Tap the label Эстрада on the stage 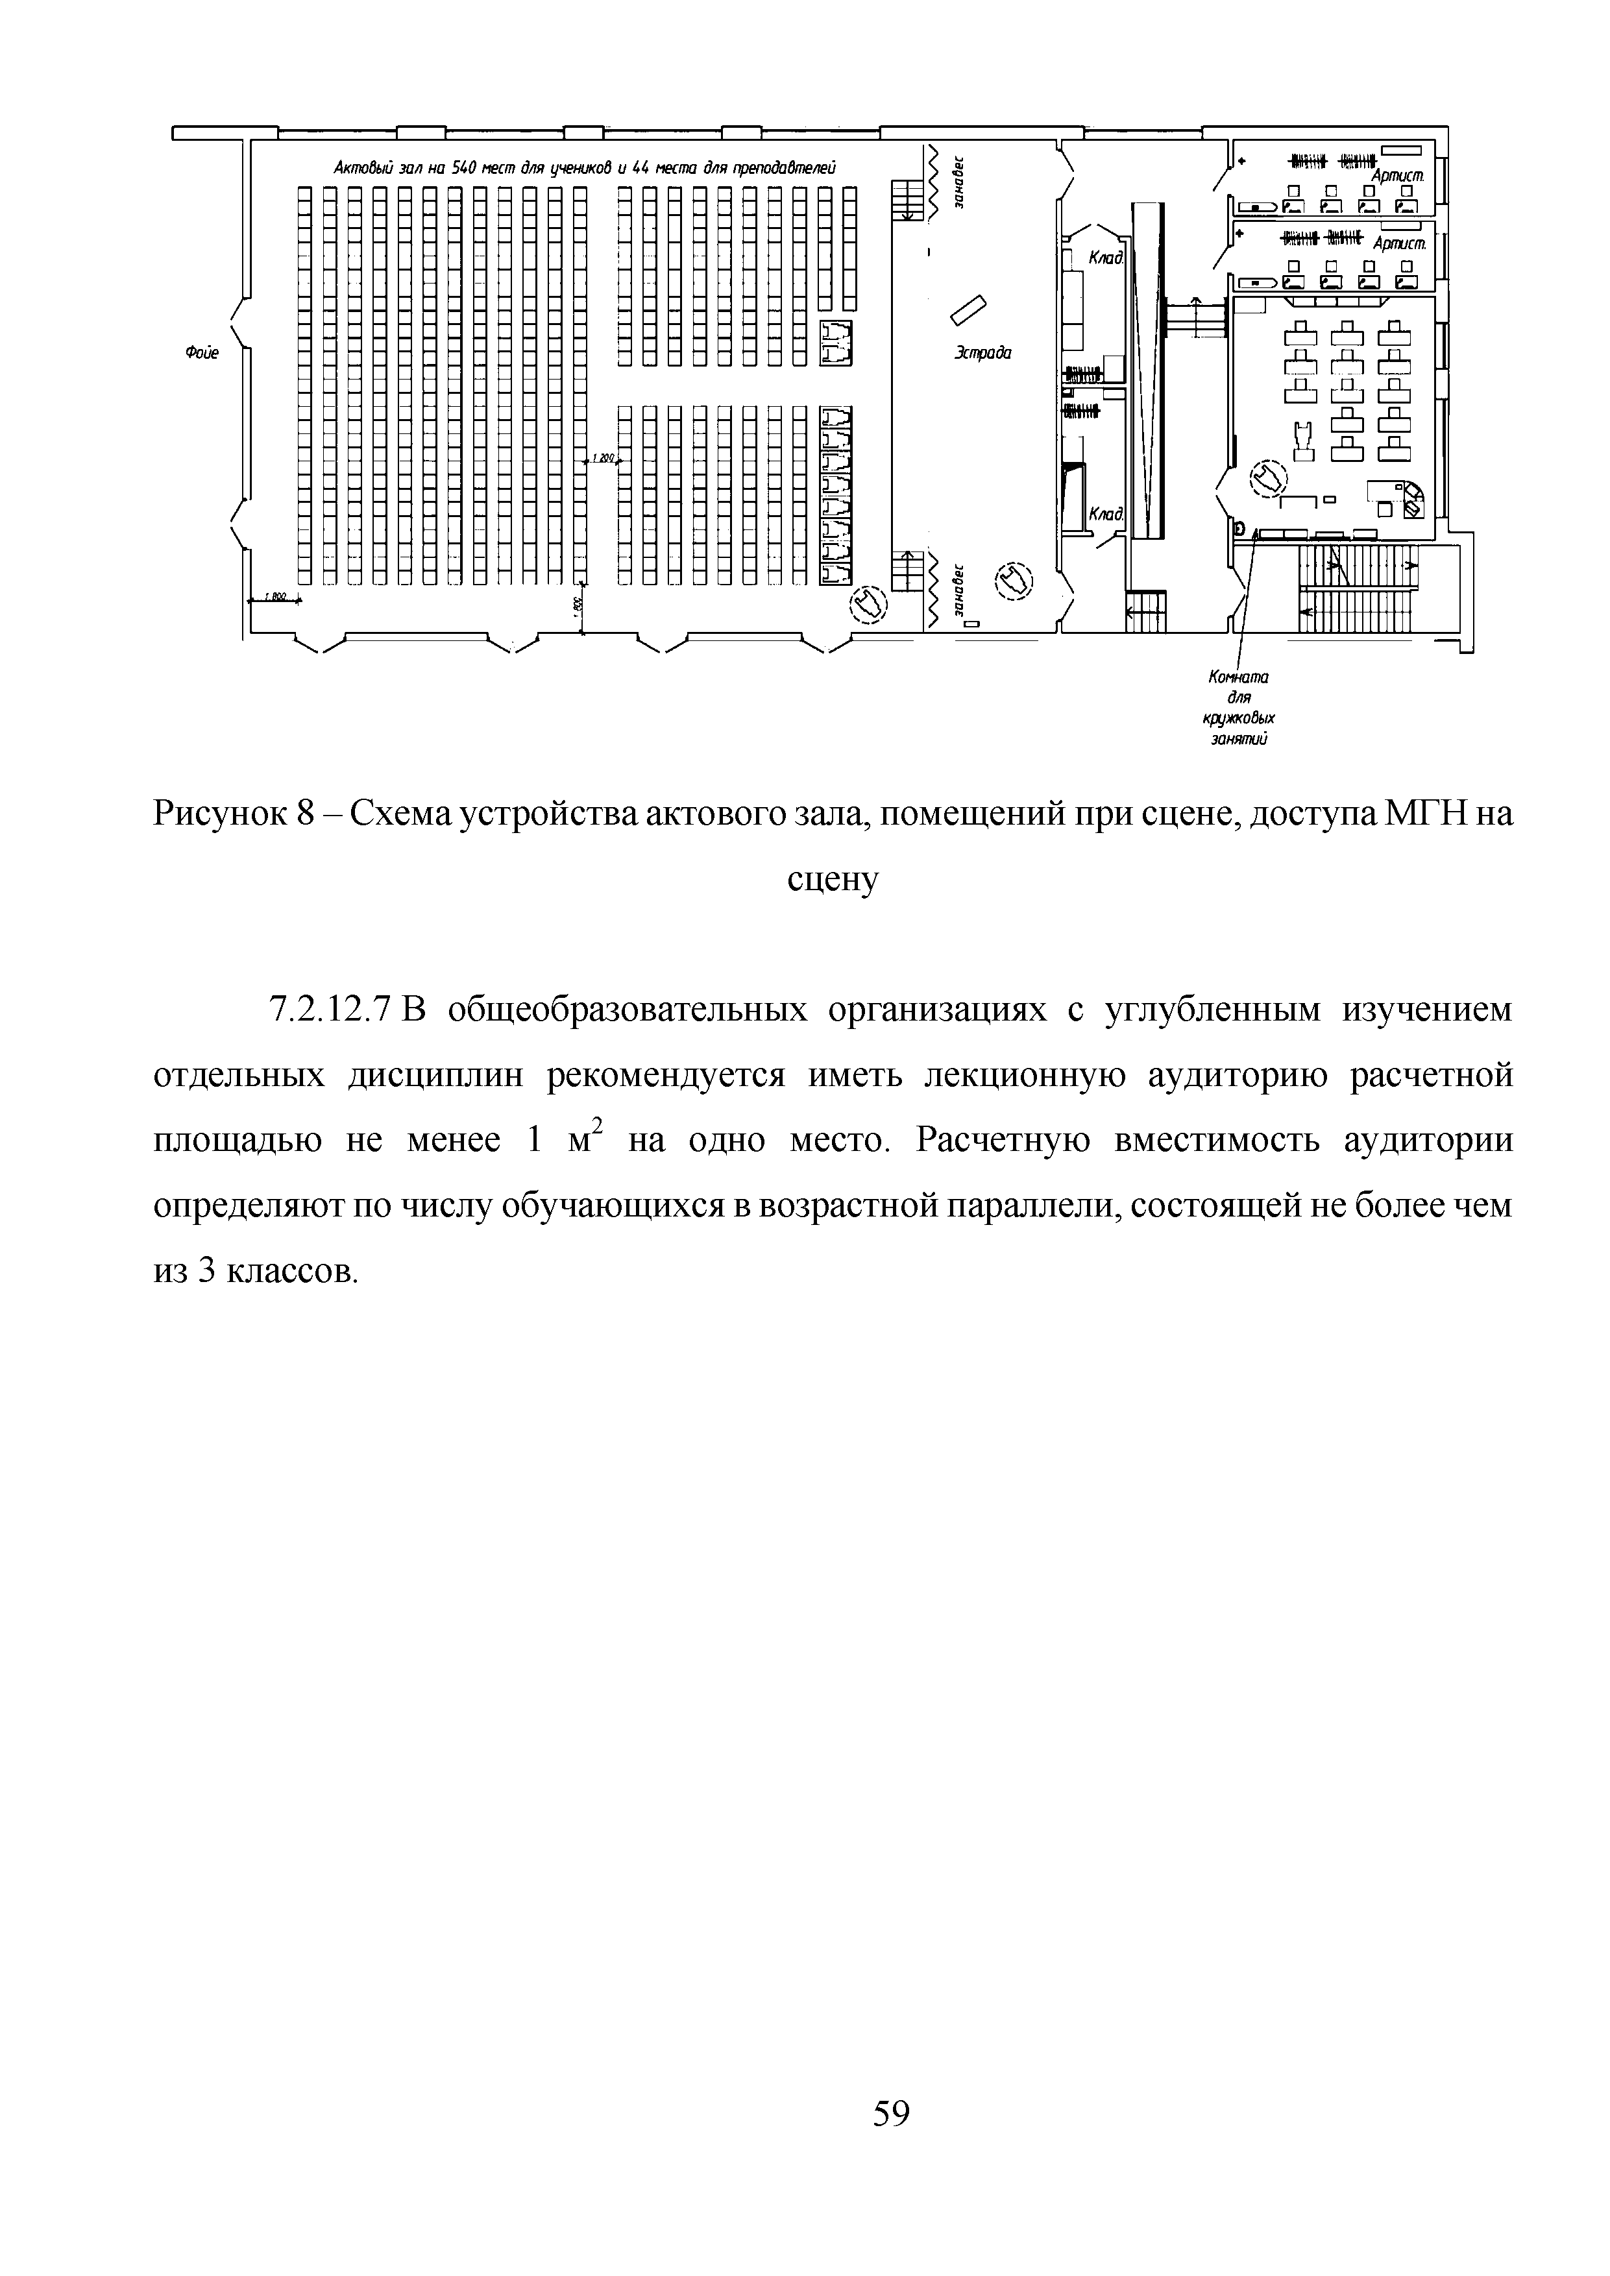click(x=982, y=352)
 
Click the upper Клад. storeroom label click(x=1105, y=258)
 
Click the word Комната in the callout click(x=1238, y=677)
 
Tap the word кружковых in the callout click(x=1238, y=718)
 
